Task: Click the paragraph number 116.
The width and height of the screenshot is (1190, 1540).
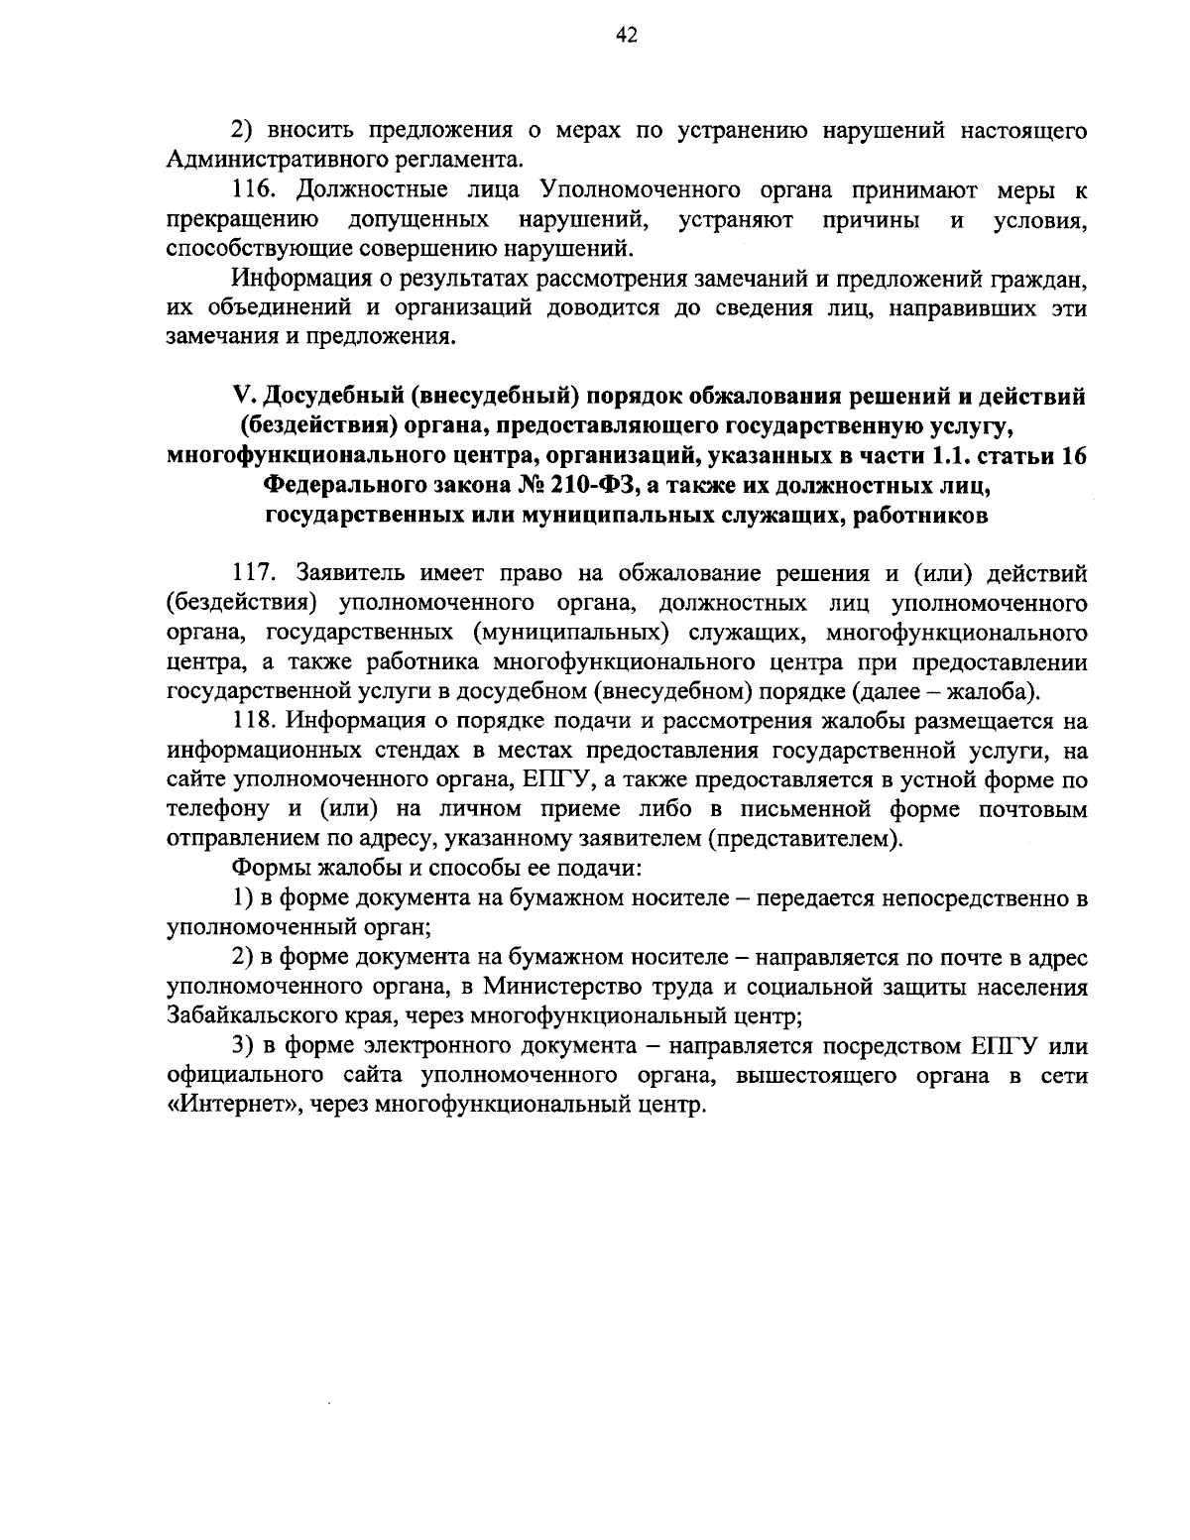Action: [x=254, y=190]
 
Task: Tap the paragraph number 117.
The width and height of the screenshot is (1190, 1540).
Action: [x=254, y=573]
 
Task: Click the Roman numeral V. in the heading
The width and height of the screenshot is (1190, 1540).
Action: [x=243, y=397]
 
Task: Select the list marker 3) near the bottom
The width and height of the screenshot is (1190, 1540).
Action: [x=243, y=1047]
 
